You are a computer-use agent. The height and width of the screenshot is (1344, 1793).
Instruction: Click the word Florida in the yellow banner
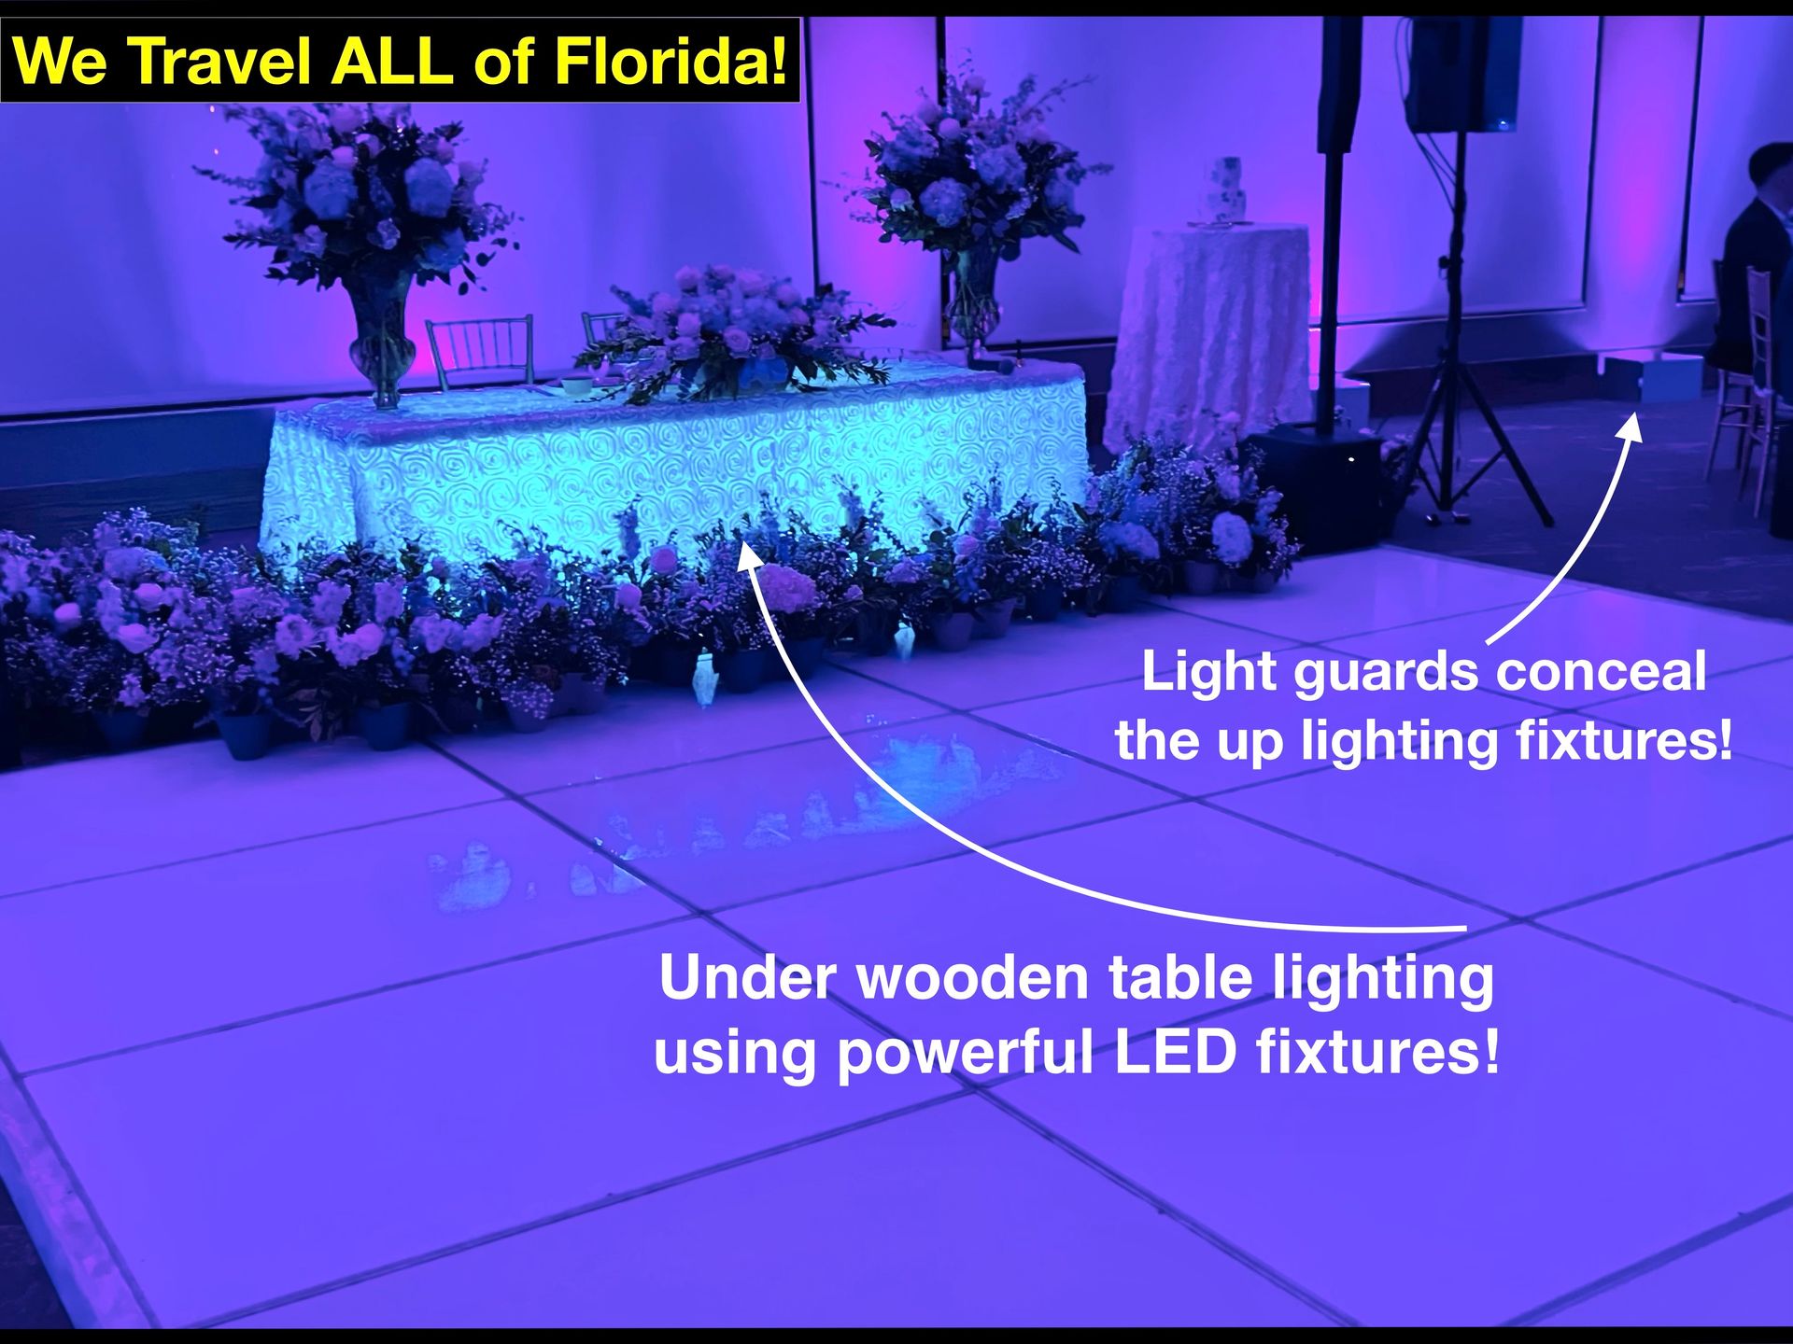(x=671, y=62)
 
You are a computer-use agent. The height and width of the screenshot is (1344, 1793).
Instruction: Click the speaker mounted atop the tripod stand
(x=1461, y=75)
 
